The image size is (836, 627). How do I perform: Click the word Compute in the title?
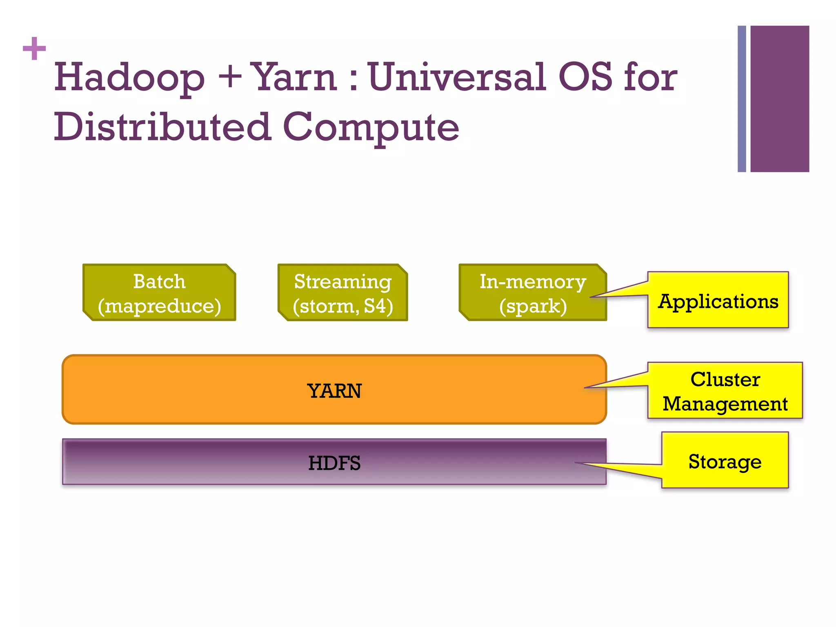click(x=371, y=127)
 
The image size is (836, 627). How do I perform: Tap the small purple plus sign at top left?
click(x=34, y=49)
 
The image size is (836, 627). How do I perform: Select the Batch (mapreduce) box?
click(x=159, y=293)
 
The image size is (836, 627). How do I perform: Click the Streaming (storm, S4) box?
click(x=343, y=293)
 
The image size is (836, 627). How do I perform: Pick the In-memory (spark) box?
click(x=533, y=293)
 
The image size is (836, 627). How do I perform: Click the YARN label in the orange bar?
click(x=334, y=391)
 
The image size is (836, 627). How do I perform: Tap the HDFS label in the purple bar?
click(x=334, y=463)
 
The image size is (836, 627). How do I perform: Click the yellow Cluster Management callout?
click(x=725, y=391)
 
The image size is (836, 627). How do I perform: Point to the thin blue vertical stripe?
click(x=741, y=99)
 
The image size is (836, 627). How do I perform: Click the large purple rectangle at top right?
click(x=779, y=99)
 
